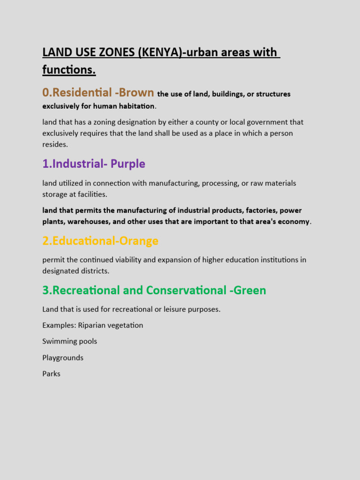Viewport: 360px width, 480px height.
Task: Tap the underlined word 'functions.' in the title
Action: pos(69,70)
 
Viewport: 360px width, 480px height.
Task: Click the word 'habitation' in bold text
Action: pos(135,106)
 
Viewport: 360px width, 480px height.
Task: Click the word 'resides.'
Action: pos(55,144)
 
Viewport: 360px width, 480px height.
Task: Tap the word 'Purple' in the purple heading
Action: pos(128,164)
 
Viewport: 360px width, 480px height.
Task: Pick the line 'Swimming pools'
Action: pos(69,341)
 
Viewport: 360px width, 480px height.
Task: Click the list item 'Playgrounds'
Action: pos(63,358)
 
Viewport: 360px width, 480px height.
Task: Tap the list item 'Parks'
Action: pos(51,374)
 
